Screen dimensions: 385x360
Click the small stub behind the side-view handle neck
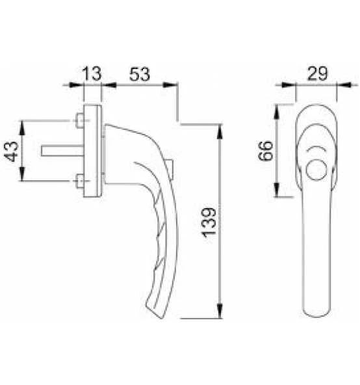[x=171, y=167]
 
